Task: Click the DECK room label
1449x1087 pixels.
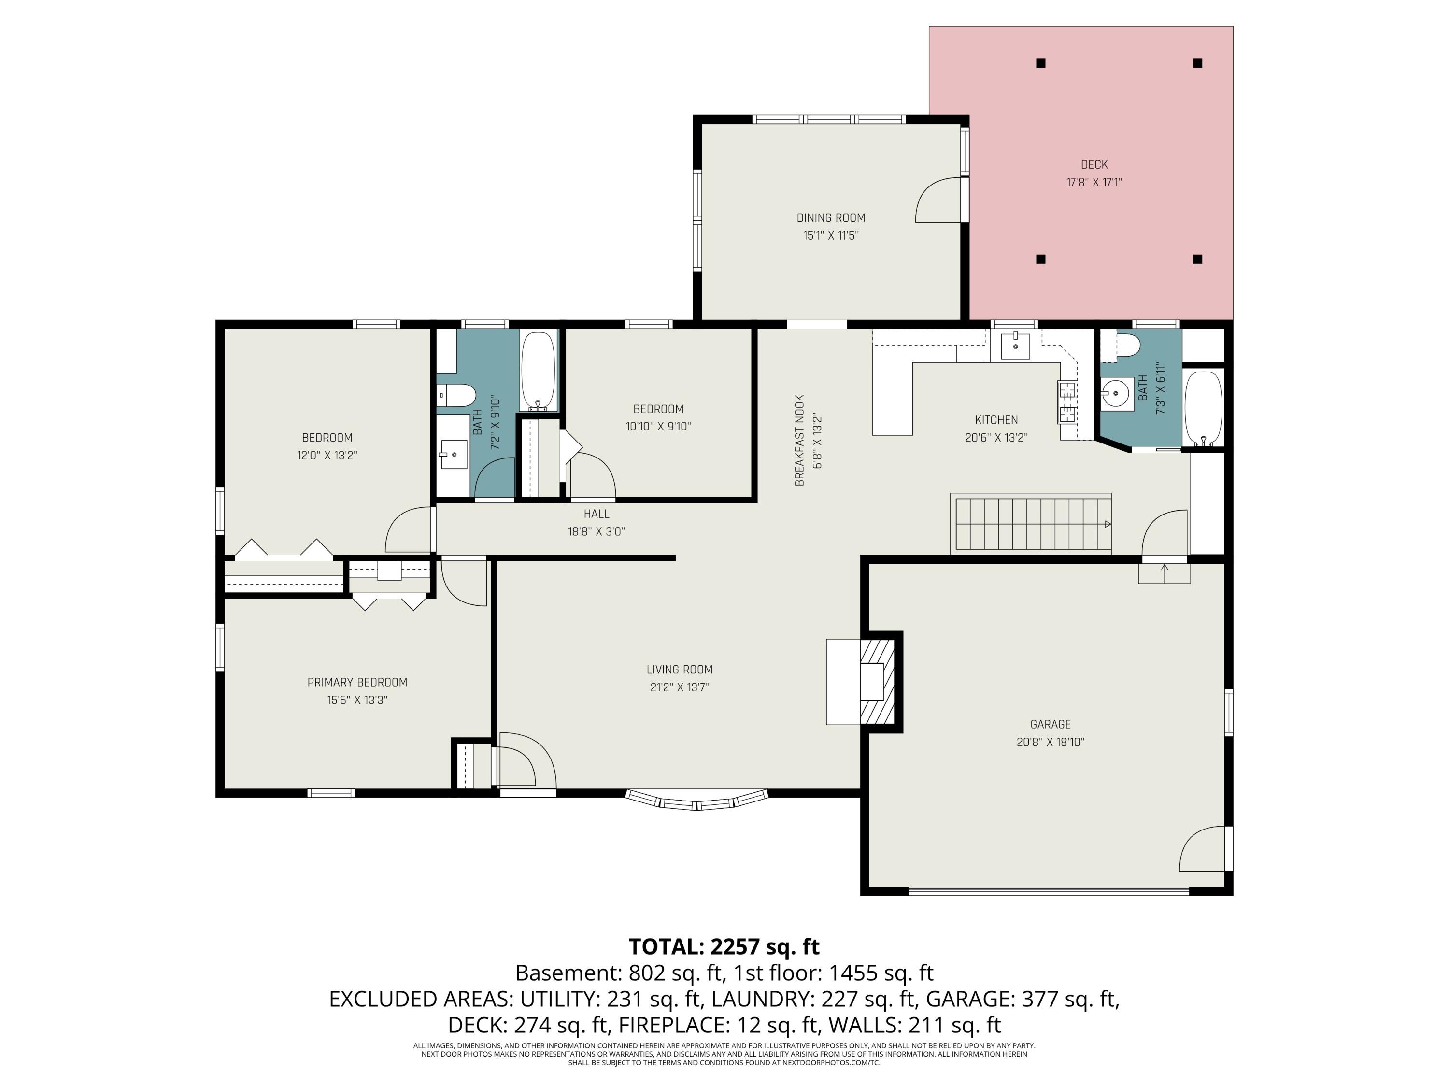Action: [1094, 164]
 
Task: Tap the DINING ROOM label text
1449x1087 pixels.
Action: [831, 217]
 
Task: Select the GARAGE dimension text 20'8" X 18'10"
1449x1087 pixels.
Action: [1050, 743]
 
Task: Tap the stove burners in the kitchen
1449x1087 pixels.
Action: [1067, 401]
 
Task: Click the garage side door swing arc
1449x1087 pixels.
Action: [1201, 848]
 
